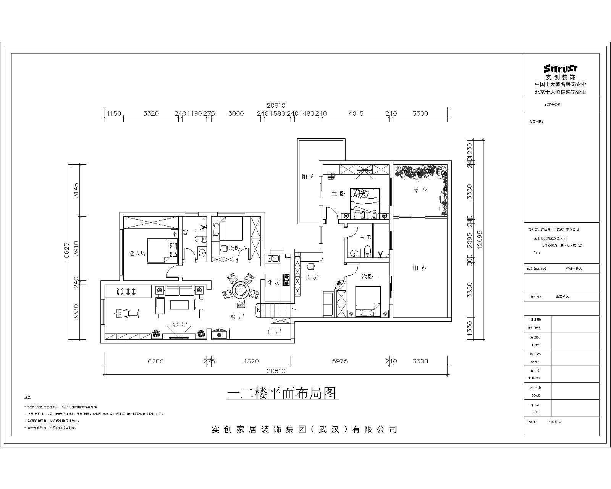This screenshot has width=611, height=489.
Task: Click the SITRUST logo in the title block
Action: (561, 69)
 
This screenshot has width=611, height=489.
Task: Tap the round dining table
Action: (241, 290)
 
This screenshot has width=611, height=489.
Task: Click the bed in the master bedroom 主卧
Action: (365, 203)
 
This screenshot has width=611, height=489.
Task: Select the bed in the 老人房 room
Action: (157, 250)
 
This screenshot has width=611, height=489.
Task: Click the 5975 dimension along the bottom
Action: (340, 361)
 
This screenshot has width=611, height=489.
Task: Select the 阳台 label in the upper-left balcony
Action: (309, 176)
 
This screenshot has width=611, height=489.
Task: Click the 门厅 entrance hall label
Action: (275, 332)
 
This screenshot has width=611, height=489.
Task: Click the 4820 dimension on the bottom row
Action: (251, 361)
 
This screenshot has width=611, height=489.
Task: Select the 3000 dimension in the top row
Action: (236, 113)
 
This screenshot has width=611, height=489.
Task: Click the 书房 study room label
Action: (312, 277)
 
